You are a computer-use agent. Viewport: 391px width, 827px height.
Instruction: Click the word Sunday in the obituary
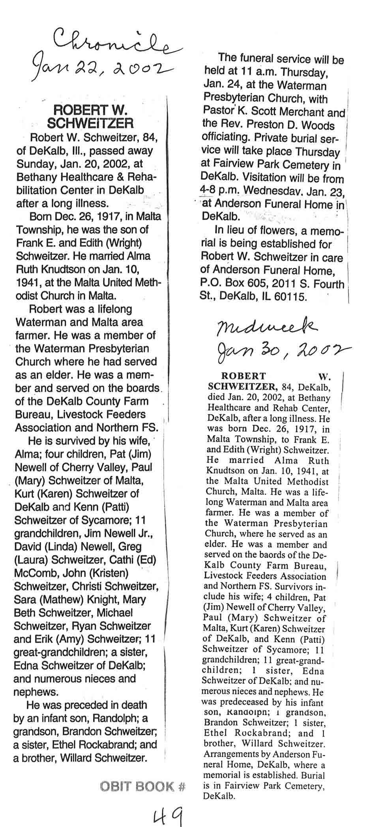[x=36, y=164]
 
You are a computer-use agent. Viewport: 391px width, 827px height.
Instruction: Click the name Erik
[x=39, y=639]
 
